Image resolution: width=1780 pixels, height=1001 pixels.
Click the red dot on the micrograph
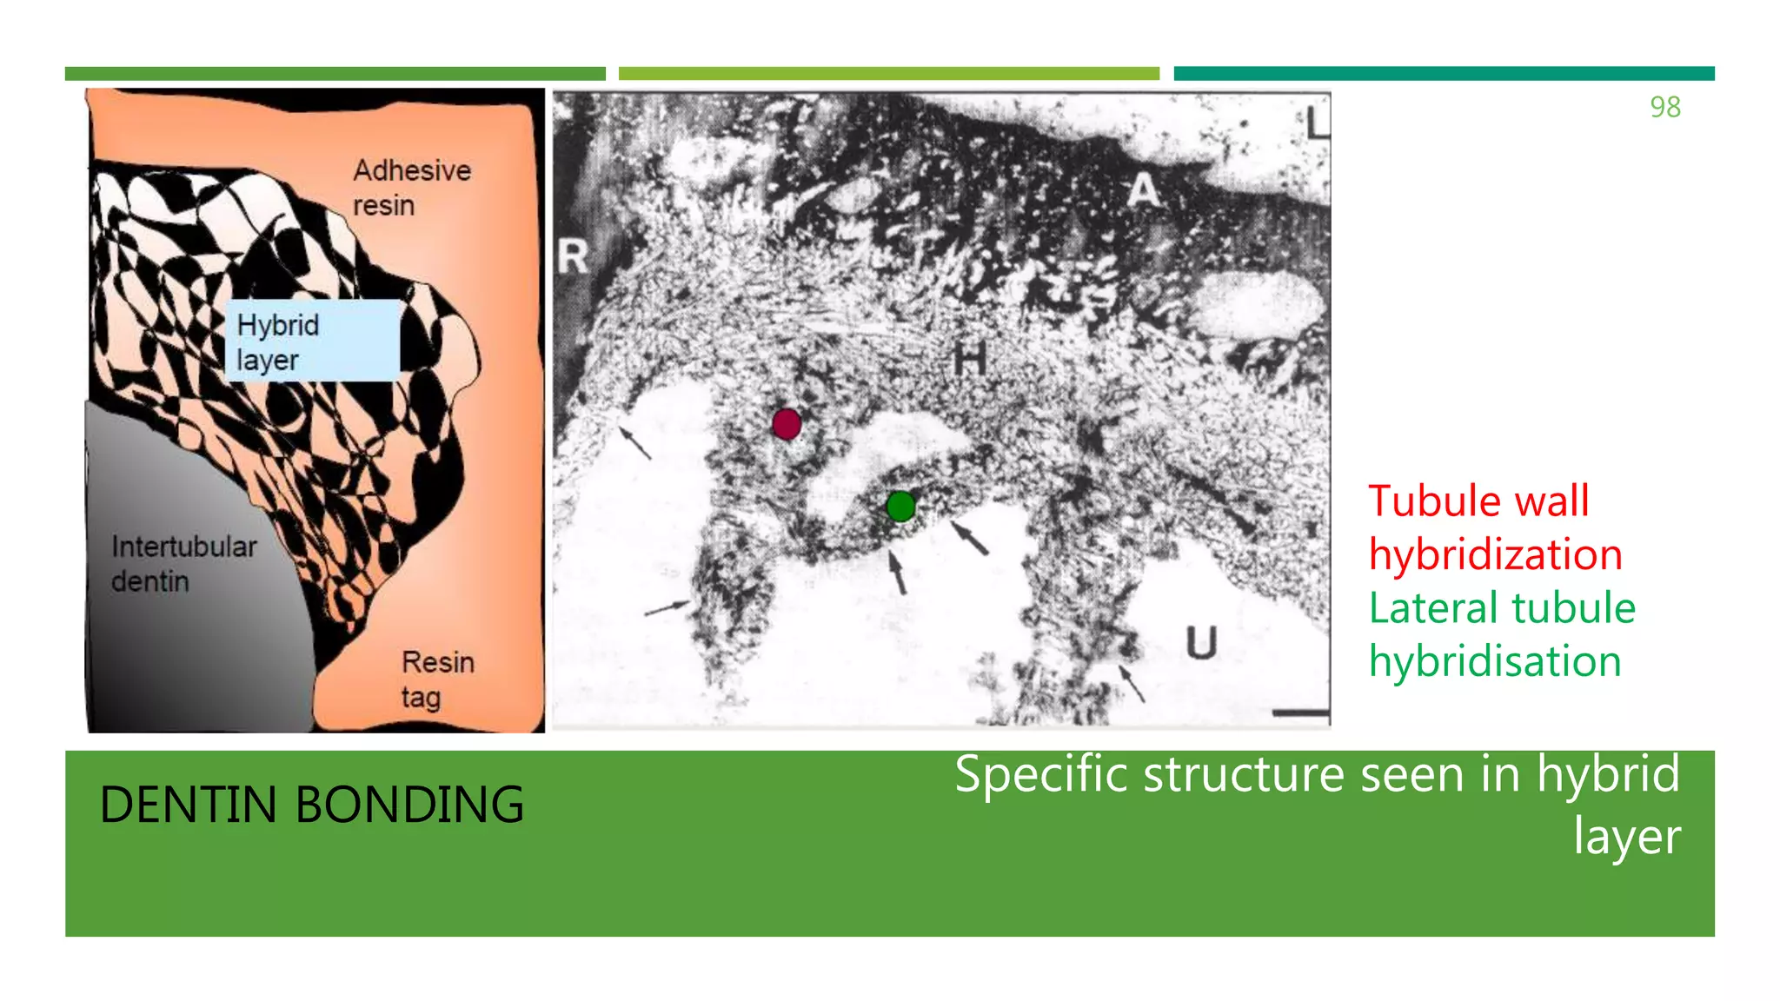(787, 424)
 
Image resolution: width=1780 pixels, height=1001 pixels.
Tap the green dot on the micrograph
(901, 506)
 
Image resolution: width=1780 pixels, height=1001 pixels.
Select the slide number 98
(1664, 107)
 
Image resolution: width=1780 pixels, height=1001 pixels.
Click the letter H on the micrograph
(970, 357)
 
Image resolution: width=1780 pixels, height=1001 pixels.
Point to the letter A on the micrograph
(1143, 190)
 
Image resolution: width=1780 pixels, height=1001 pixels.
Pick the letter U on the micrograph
(1201, 643)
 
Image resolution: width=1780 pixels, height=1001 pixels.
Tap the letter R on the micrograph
(573, 256)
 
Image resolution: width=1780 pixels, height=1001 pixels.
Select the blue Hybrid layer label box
(313, 341)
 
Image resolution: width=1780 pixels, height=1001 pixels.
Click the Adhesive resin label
(411, 188)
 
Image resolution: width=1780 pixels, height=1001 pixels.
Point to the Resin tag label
(437, 679)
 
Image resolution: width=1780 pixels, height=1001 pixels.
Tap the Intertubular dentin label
(183, 564)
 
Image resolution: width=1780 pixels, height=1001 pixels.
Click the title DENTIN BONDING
(311, 805)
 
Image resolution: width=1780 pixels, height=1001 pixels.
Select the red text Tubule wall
(1478, 501)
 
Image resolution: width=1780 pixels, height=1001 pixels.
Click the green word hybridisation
(1495, 662)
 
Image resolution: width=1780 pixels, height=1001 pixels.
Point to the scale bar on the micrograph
(1300, 713)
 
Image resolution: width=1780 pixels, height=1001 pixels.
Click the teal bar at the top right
(1444, 74)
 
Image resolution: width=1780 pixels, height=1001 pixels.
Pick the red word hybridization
(1495, 555)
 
